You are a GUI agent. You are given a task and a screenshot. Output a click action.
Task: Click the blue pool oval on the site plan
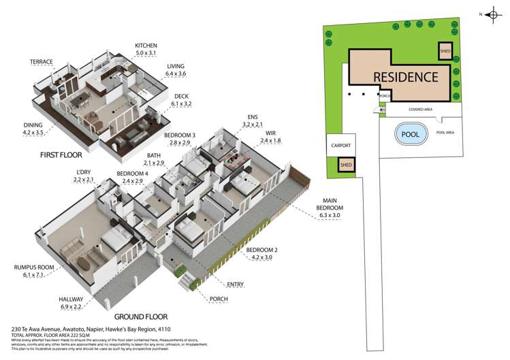tap(411, 134)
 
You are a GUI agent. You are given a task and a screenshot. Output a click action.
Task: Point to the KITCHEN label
tap(146, 46)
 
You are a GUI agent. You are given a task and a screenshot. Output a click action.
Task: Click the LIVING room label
tap(176, 67)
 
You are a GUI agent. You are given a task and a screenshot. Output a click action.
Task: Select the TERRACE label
tap(42, 61)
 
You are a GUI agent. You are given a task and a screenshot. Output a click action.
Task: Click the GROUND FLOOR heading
tap(142, 316)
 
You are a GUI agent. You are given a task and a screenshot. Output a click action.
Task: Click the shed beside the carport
tap(347, 165)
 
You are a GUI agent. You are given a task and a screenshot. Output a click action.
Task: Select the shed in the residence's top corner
tap(446, 52)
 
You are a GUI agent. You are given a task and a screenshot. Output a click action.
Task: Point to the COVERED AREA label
tap(421, 109)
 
